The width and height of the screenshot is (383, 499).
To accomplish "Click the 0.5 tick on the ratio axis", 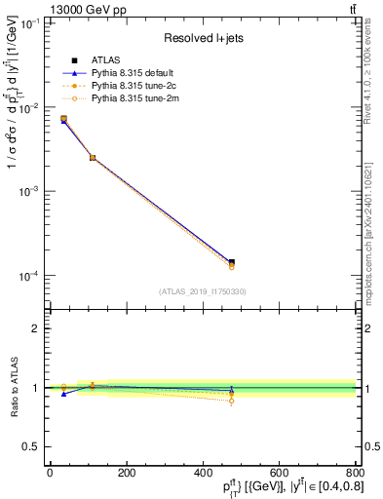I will (x=31, y=446).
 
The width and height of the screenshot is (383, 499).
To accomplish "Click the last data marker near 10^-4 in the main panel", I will (x=231, y=263).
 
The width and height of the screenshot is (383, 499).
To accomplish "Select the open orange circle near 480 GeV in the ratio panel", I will (x=231, y=401).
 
